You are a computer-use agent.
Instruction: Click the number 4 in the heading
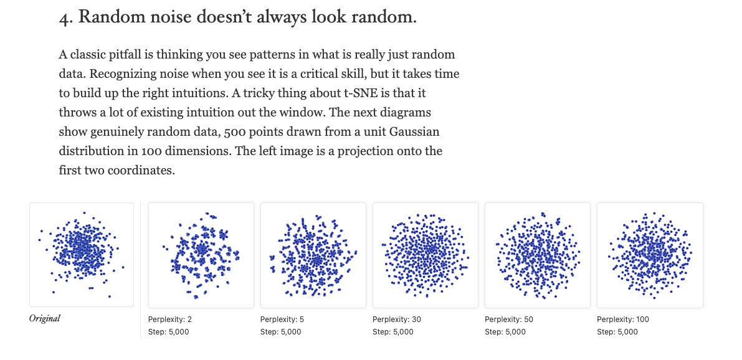tap(64, 18)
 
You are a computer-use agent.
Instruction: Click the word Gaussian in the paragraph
tap(411, 131)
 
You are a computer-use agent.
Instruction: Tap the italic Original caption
tap(45, 319)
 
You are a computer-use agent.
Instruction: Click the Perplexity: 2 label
tap(170, 320)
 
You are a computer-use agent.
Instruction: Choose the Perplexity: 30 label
tap(396, 320)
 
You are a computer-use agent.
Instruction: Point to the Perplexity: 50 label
tap(509, 320)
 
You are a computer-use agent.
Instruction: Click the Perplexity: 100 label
tap(623, 320)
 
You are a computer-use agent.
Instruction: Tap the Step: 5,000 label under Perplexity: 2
tap(168, 332)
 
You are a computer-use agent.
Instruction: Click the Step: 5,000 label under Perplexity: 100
tap(617, 332)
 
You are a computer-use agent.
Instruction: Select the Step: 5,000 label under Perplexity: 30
tap(392, 332)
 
